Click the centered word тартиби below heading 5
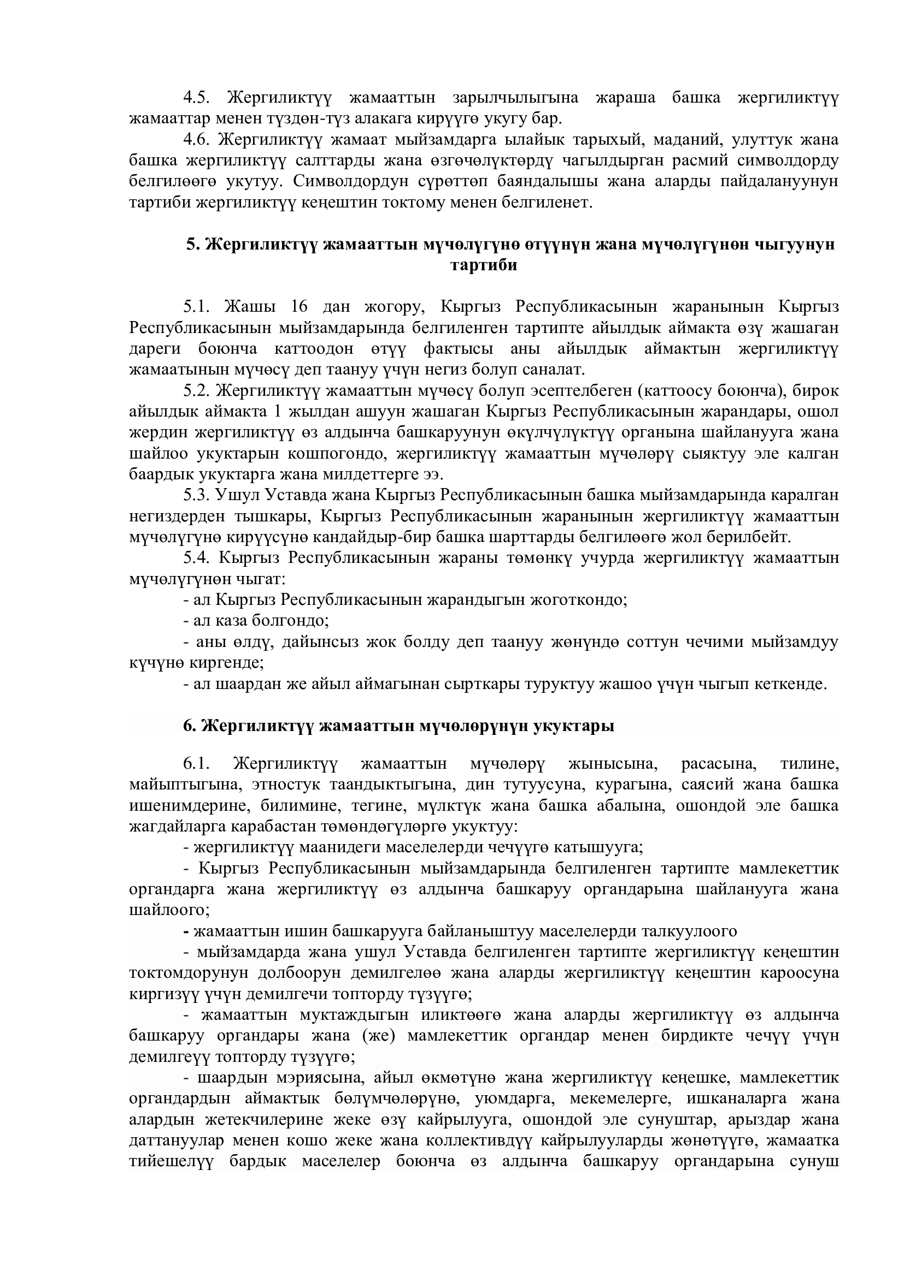tap(483, 265)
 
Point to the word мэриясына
tap(315, 1078)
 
